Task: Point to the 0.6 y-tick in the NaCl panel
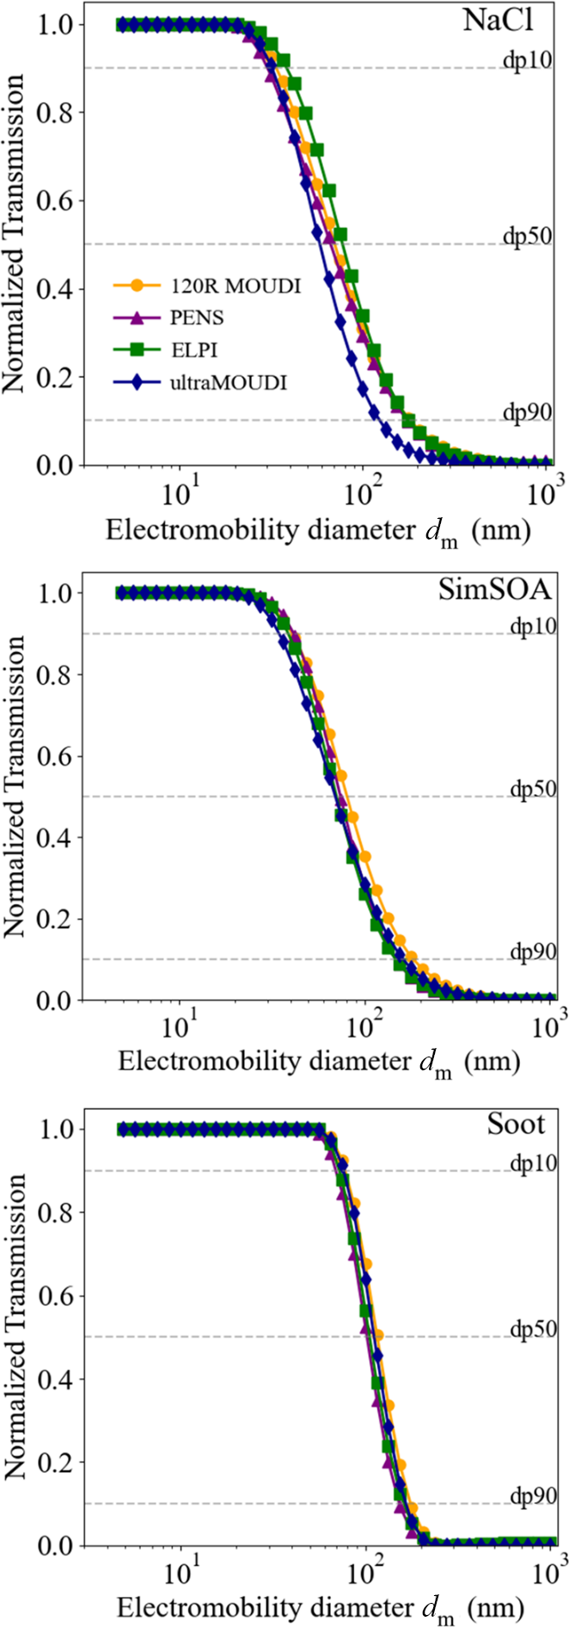coord(58,200)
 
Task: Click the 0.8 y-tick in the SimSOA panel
coord(58,675)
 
